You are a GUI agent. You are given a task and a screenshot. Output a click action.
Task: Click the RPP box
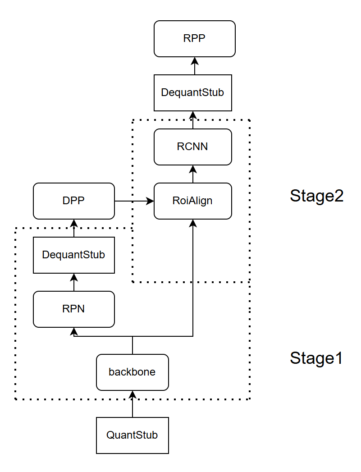(x=194, y=39)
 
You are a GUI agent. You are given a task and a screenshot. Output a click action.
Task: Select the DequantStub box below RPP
(x=192, y=93)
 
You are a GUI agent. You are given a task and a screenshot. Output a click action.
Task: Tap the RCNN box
(x=192, y=147)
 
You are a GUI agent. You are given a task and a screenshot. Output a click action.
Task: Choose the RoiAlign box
(x=192, y=201)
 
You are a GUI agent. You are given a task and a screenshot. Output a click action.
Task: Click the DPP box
(x=74, y=201)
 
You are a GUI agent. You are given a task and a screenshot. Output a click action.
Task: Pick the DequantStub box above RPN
(x=73, y=255)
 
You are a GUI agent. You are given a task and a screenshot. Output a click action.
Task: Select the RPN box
(x=73, y=309)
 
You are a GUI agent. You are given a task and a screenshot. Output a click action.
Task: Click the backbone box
(x=132, y=372)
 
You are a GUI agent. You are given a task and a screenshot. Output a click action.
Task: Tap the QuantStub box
(x=132, y=435)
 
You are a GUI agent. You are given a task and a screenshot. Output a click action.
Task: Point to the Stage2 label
(x=316, y=196)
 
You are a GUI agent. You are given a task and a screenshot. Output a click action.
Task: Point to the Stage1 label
(x=316, y=358)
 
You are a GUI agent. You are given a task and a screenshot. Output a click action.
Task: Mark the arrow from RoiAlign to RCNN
(x=193, y=174)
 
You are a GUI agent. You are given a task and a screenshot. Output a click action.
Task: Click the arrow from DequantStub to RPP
(x=195, y=66)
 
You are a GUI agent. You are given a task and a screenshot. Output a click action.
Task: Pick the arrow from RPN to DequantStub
(x=74, y=282)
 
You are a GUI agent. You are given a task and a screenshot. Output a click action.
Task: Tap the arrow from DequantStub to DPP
(x=74, y=228)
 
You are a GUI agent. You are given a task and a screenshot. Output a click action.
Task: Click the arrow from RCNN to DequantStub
(x=193, y=120)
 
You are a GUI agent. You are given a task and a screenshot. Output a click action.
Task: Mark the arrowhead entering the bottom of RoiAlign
(x=193, y=223)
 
